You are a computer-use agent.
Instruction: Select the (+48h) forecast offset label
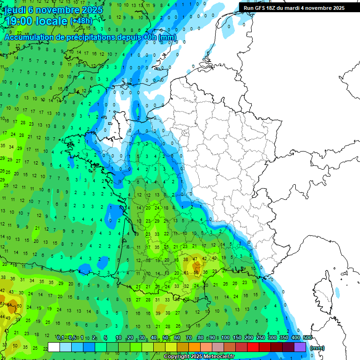(x=81, y=21)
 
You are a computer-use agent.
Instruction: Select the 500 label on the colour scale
(x=307, y=337)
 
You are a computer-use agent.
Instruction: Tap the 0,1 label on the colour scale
(x=60, y=337)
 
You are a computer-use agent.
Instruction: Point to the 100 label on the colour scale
(x=225, y=337)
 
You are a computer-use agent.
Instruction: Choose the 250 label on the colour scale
(x=261, y=337)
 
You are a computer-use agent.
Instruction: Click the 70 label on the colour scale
(x=189, y=337)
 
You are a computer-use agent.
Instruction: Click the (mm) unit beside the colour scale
(x=317, y=348)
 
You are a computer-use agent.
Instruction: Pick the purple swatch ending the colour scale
(x=300, y=347)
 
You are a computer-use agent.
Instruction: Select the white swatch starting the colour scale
(x=54, y=347)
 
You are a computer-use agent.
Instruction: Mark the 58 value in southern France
(x=196, y=272)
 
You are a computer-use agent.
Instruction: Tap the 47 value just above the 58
(x=195, y=259)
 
